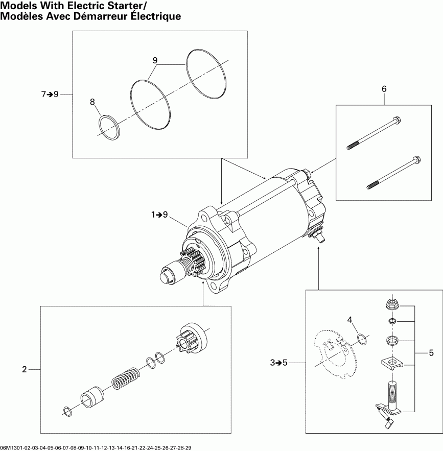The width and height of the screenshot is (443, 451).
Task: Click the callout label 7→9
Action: pyautogui.click(x=50, y=94)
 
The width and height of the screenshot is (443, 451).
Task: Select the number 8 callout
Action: pyautogui.click(x=92, y=102)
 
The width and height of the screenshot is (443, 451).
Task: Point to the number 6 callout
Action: pyautogui.click(x=384, y=89)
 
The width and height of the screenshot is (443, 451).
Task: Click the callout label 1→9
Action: pyautogui.click(x=159, y=215)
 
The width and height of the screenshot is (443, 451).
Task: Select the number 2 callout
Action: pyautogui.click(x=24, y=369)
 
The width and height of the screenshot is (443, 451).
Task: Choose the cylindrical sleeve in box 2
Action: pyautogui.click(x=92, y=396)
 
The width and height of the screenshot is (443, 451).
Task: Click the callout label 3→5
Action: pyautogui.click(x=279, y=363)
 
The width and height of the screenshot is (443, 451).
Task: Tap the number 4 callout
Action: pyautogui.click(x=351, y=320)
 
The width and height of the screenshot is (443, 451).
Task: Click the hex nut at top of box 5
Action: pyautogui.click(x=391, y=305)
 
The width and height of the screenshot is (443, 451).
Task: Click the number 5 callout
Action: pyautogui.click(x=431, y=352)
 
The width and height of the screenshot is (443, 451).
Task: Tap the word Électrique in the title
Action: pyautogui.click(x=150, y=16)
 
